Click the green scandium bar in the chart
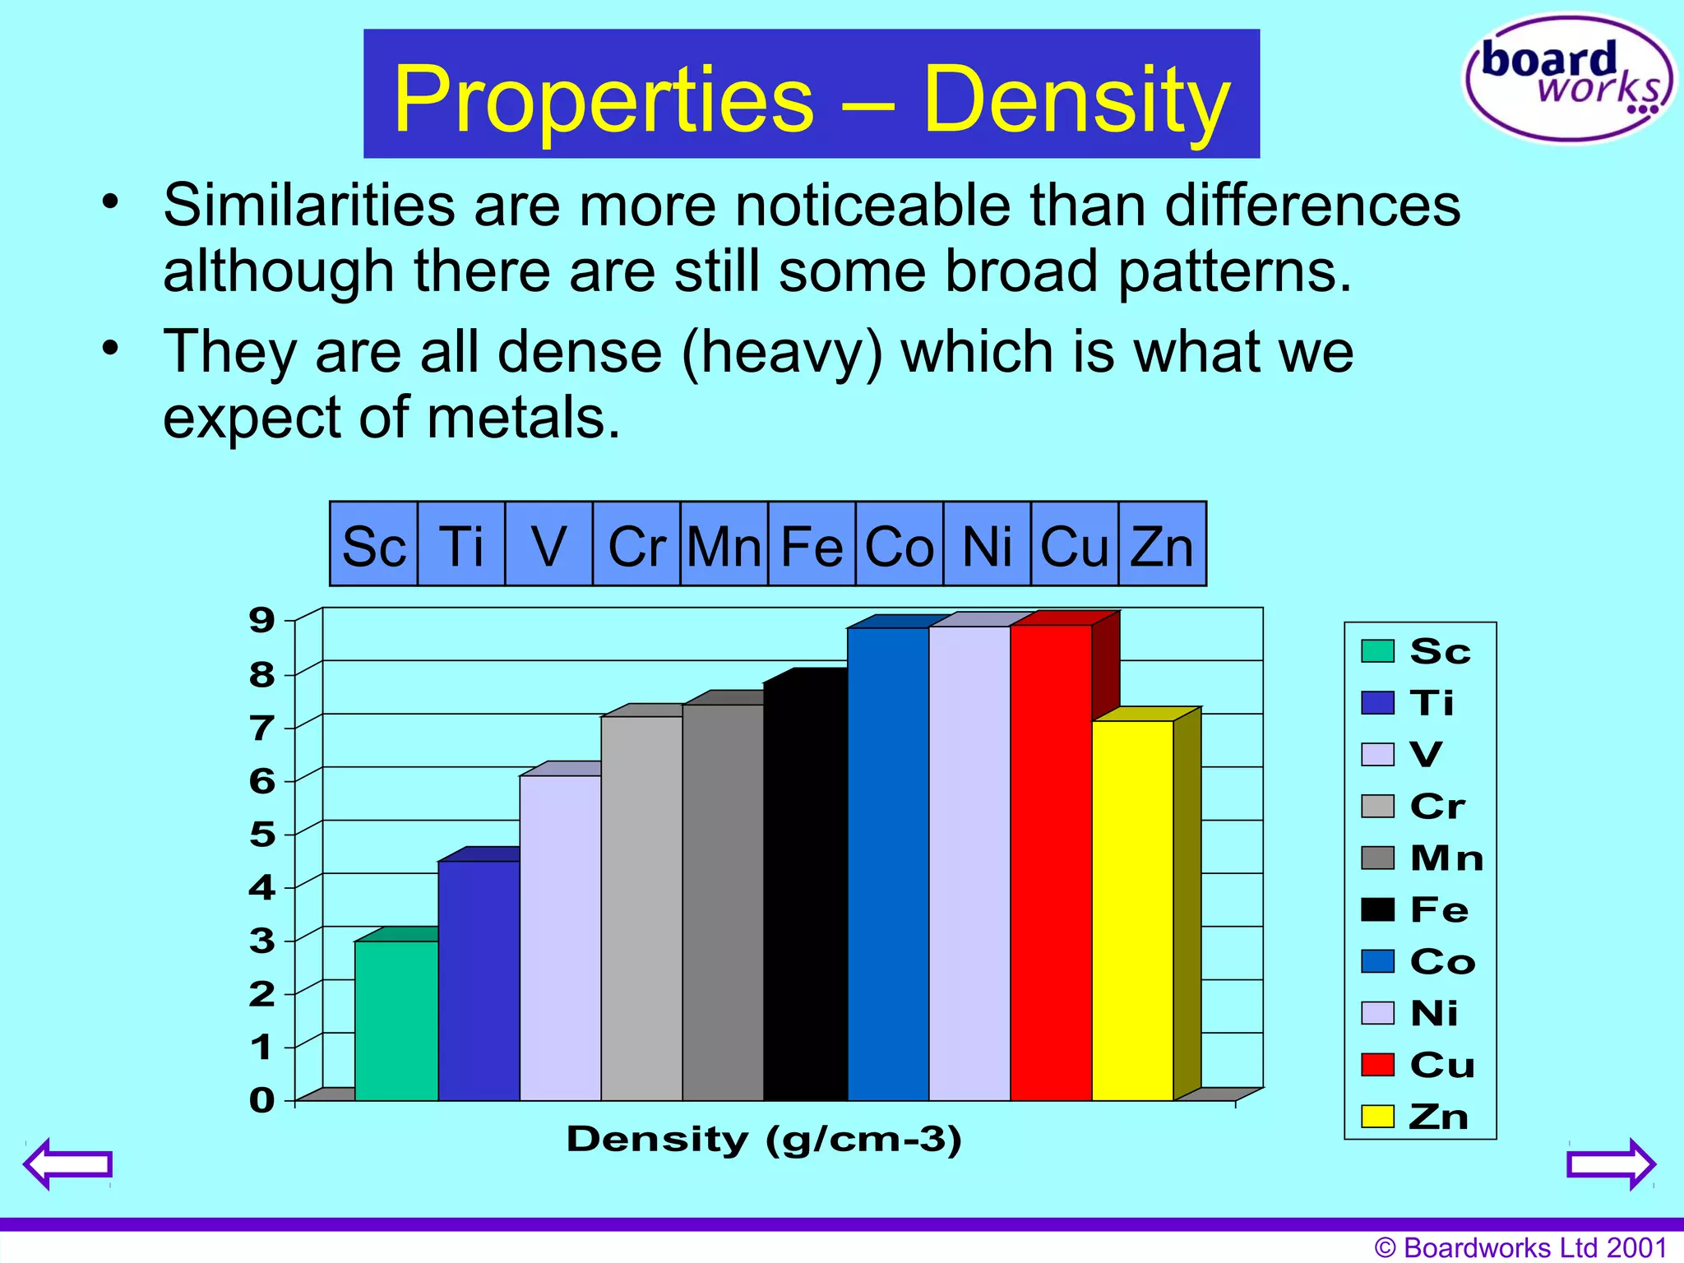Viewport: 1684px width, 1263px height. (396, 1020)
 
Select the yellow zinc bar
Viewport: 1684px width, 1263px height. (1132, 909)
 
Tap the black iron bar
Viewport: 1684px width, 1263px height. (805, 888)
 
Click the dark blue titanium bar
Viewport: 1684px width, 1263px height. (479, 978)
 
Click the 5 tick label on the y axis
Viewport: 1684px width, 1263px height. (262, 835)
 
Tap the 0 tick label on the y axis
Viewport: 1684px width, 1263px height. (262, 1100)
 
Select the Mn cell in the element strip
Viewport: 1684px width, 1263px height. (724, 545)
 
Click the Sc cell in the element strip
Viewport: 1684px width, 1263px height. (374, 545)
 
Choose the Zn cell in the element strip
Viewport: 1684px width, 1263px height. (1162, 545)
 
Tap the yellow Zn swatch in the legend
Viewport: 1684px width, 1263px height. (1377, 1117)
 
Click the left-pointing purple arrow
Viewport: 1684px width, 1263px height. (68, 1164)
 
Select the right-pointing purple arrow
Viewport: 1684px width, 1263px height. (1611, 1164)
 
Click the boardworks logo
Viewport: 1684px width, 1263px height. (1569, 78)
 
